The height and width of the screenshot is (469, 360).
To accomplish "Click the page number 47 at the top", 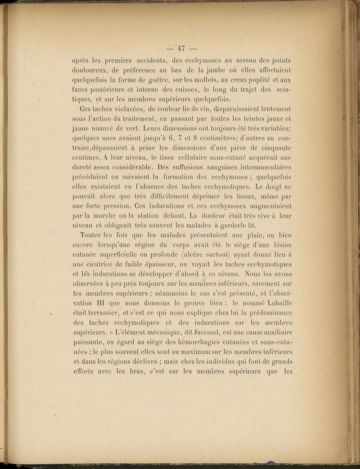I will (182, 48).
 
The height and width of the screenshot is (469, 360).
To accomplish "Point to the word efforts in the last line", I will (85, 373).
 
